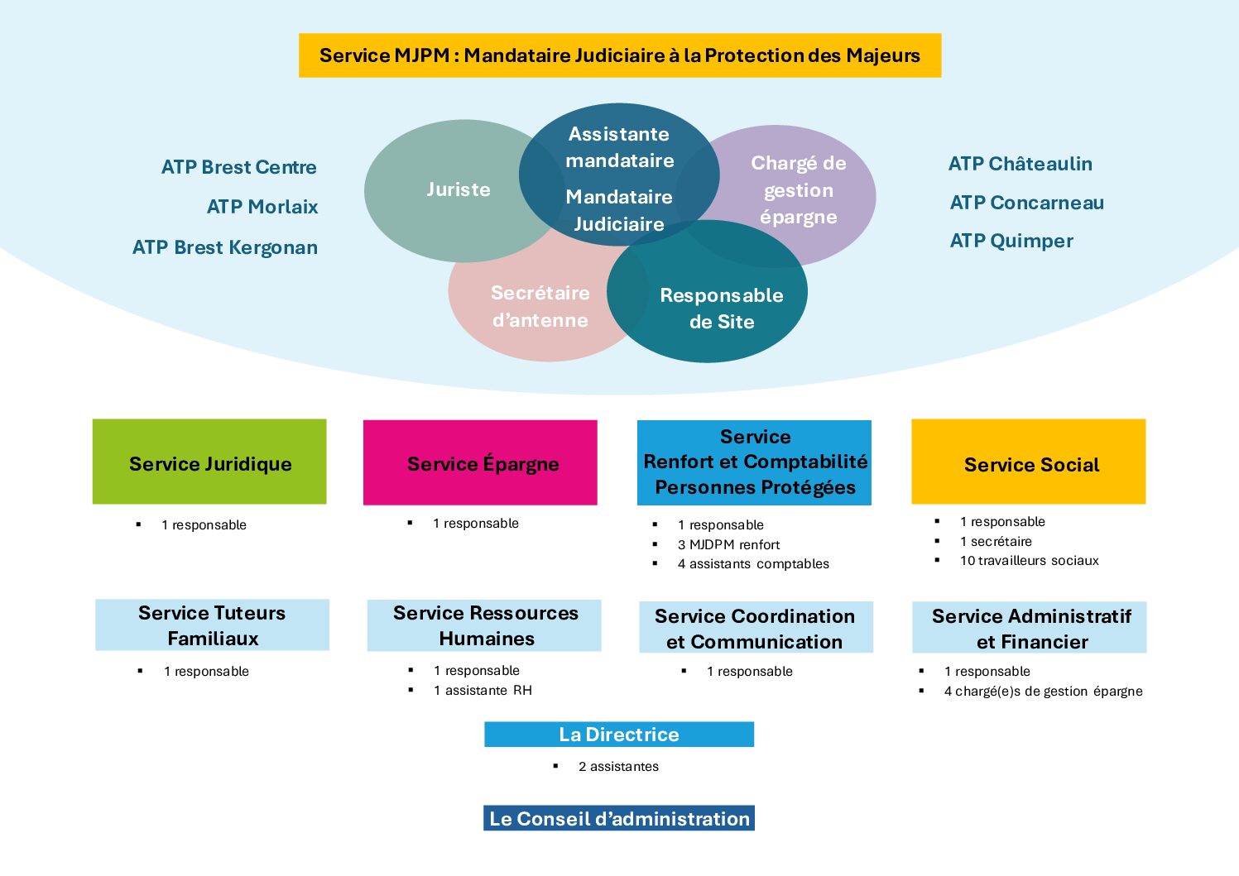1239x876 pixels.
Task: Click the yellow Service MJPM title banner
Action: (619, 55)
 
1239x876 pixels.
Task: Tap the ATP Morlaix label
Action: (262, 207)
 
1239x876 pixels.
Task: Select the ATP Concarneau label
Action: (1026, 203)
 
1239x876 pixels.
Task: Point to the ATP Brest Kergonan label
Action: (225, 247)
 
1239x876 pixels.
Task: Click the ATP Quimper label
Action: (1011, 241)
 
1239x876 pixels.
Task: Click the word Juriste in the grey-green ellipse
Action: (459, 189)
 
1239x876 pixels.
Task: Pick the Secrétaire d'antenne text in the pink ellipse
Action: (540, 306)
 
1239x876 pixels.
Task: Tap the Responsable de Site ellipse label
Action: (721, 308)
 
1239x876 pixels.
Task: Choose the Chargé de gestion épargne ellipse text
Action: (798, 190)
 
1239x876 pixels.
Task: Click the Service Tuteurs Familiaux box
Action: (212, 625)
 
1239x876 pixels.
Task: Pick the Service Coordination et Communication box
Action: (756, 628)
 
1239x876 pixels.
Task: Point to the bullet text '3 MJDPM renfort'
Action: (728, 544)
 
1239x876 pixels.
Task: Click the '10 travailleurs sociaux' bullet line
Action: (1029, 561)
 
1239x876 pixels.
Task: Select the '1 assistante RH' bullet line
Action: (483, 690)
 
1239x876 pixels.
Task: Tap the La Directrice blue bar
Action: (619, 735)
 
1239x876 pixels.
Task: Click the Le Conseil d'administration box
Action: (619, 818)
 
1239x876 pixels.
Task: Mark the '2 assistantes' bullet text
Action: (618, 767)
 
